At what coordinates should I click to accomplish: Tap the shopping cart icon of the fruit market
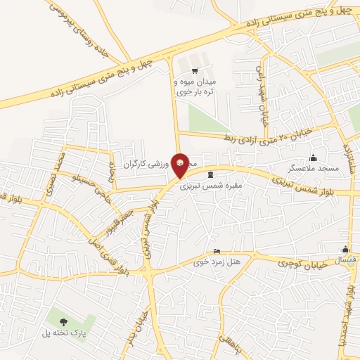(194, 70)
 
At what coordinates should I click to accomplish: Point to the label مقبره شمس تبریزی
(210, 186)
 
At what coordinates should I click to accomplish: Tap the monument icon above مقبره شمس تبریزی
(210, 174)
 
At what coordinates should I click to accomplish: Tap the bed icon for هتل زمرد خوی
(217, 252)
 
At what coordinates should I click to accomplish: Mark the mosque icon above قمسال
(345, 249)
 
